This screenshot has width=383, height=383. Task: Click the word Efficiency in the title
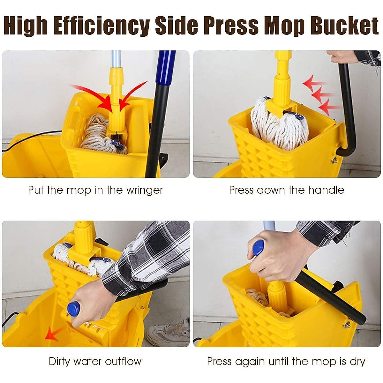101,26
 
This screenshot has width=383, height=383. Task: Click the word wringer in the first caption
145,190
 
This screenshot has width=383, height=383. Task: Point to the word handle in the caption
326,190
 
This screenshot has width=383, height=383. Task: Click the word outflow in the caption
123,361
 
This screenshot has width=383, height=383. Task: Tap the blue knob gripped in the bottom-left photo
73,309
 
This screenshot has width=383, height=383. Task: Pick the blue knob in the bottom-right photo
258,248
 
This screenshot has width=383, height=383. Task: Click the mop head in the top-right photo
279,124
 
